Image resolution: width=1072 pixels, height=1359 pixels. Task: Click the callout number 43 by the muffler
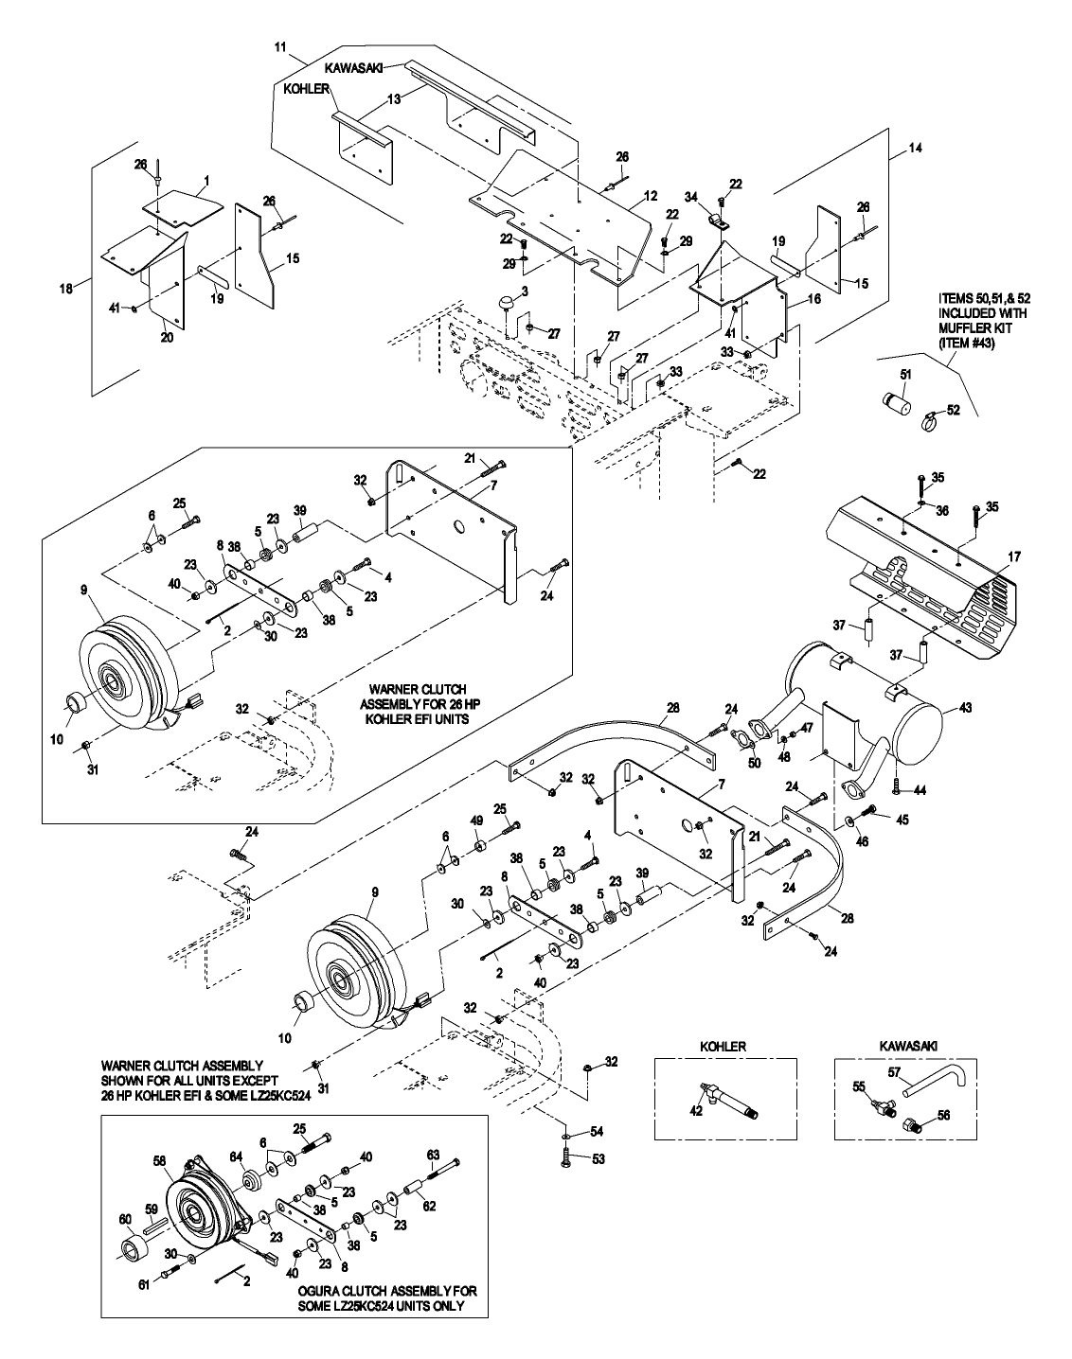[x=965, y=707]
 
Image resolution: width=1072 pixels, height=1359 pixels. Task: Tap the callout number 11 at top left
[x=279, y=45]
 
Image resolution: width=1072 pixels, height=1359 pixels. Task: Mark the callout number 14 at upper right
[x=915, y=148]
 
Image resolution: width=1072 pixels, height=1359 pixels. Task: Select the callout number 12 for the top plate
[x=650, y=195]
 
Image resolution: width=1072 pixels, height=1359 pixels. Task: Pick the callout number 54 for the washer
[x=597, y=1132]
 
